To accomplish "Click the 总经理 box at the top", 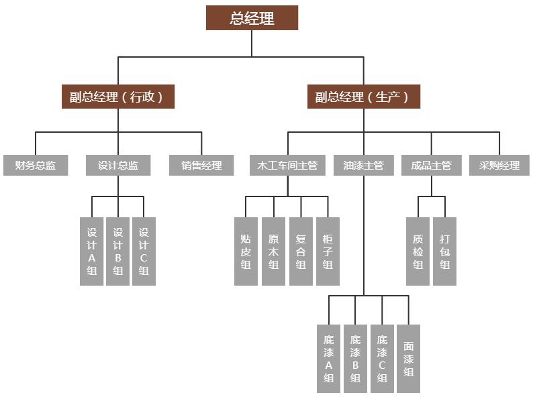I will pyautogui.click(x=252, y=18).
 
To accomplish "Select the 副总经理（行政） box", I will pyautogui.click(x=117, y=97).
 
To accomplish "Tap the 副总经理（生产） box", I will pyautogui.click(x=363, y=97).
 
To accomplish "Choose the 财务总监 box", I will pyautogui.click(x=36, y=165).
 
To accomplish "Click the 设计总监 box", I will pyautogui.click(x=118, y=165).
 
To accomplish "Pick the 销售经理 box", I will pyautogui.click(x=201, y=165).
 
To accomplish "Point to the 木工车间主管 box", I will pyautogui.click(x=287, y=165).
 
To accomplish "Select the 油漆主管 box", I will pyautogui.click(x=363, y=165).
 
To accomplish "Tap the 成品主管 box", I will pyautogui.click(x=431, y=165).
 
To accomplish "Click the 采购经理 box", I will pyautogui.click(x=499, y=165).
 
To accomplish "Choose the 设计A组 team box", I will pyautogui.click(x=92, y=251).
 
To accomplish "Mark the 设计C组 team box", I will pyautogui.click(x=144, y=251).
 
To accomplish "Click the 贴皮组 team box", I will pyautogui.click(x=246, y=251).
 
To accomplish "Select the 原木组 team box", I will pyautogui.click(x=273, y=251).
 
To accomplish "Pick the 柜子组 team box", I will pyautogui.click(x=328, y=251).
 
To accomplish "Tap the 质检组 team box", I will pyautogui.click(x=418, y=251).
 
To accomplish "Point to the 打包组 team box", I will pyautogui.click(x=444, y=251).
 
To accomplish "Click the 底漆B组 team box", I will pyautogui.click(x=355, y=359).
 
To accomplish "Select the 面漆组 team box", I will pyautogui.click(x=409, y=359).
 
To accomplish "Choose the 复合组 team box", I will pyautogui.click(x=301, y=251).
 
